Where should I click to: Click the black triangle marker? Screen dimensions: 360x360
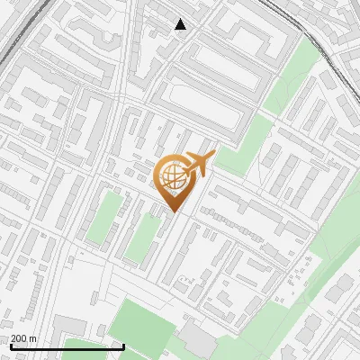(x=181, y=24)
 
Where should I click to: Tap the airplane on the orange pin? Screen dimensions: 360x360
(x=199, y=164)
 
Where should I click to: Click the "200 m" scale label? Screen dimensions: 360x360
(x=24, y=339)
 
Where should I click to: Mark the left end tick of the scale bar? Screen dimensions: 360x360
(x=11, y=346)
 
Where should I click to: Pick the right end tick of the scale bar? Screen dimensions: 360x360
(x=122, y=346)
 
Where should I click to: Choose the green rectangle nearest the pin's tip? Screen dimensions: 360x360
(x=142, y=234)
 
